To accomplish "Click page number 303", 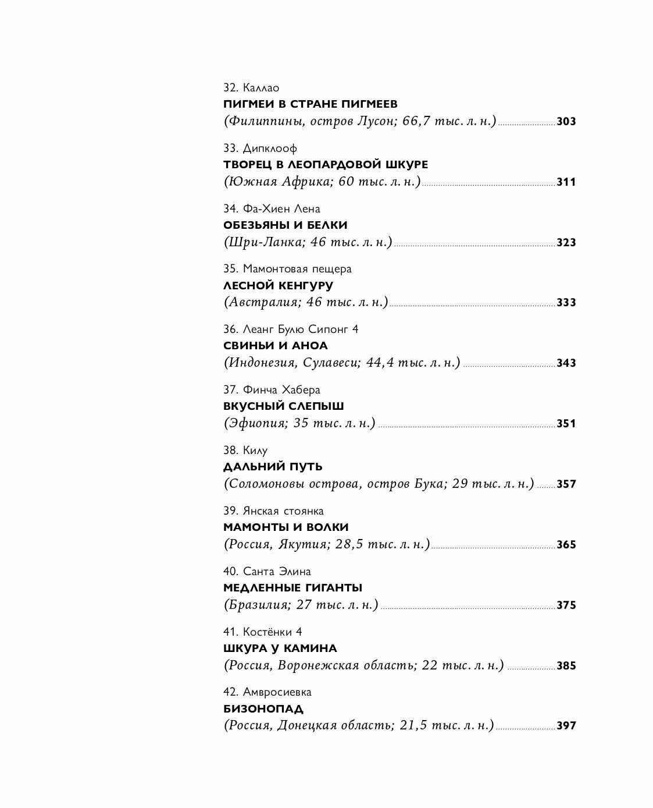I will pyautogui.click(x=566, y=122).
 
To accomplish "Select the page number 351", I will pyautogui.click(x=566, y=424).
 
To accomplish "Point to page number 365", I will pyautogui.click(x=566, y=545).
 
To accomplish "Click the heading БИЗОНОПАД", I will pyautogui.click(x=263, y=709).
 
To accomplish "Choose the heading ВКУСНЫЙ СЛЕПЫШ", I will pyautogui.click(x=283, y=406).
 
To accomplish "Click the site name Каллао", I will pyautogui.click(x=261, y=88).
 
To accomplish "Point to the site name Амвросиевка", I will pyautogui.click(x=277, y=692).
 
